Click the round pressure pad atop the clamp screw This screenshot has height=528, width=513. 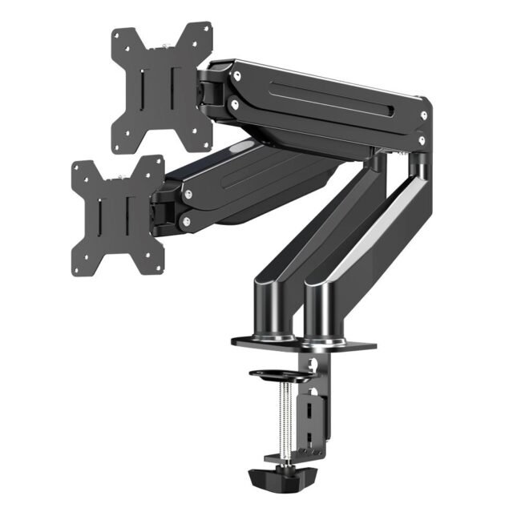[x=274, y=373]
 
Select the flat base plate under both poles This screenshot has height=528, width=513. [x=305, y=344]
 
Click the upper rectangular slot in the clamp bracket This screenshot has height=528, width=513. [x=309, y=409]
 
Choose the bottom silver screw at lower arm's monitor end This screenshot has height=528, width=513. [x=186, y=221]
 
